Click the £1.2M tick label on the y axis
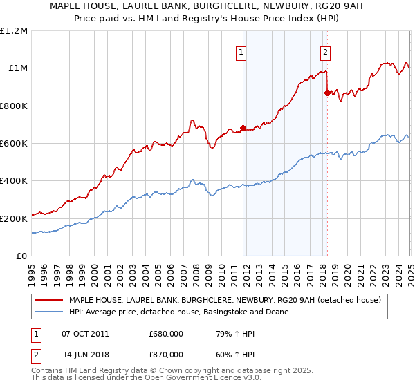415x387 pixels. (x=14, y=30)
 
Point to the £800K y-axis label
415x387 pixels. (x=14, y=106)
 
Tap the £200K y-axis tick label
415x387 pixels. (x=14, y=218)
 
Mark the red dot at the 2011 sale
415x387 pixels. (x=243, y=128)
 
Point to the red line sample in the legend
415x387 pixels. (x=50, y=301)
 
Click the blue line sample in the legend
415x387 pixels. (x=50, y=312)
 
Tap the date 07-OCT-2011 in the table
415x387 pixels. (x=85, y=333)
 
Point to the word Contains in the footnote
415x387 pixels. (x=48, y=370)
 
